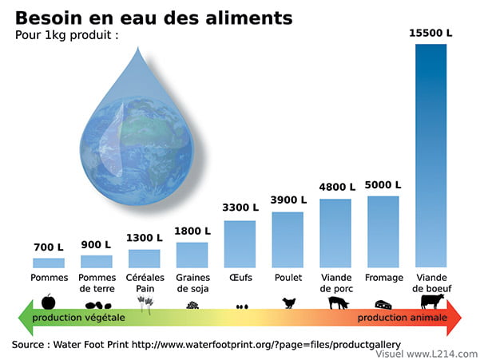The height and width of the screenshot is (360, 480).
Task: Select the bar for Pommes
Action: pos(49,263)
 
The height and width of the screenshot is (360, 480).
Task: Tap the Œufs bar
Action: pos(240,243)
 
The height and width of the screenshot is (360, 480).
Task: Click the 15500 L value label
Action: pos(431,33)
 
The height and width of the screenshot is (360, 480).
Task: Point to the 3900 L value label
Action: pos(288,200)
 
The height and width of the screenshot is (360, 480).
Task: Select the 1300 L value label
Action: pos(145,238)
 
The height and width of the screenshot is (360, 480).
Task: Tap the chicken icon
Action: pos(289,303)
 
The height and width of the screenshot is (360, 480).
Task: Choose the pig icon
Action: pos(338,303)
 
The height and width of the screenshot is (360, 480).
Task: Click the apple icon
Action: pos(49,302)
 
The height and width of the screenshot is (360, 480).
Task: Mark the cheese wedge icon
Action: pos(383,304)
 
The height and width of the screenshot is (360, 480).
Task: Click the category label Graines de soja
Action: pos(192,283)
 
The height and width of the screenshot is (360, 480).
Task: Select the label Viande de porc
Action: pos(336,283)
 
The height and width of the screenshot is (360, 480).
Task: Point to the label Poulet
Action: pos(288,279)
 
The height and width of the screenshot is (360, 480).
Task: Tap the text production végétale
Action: pos(79,318)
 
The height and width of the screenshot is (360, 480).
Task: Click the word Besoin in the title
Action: pos(50,18)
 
